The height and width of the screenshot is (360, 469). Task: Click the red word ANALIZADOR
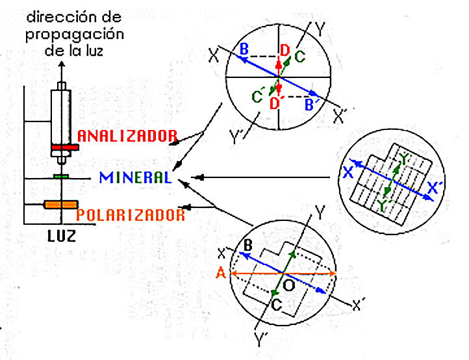tap(127, 136)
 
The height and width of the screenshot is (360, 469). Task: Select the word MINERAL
tap(135, 177)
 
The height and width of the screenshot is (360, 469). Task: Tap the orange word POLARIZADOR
tap(131, 214)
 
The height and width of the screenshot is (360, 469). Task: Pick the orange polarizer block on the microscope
tap(61, 205)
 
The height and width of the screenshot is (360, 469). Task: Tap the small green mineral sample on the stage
tap(60, 175)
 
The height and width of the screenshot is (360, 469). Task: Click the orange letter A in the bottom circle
tap(222, 274)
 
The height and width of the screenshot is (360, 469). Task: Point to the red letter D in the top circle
tap(284, 49)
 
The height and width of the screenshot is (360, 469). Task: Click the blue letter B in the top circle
tap(244, 49)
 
